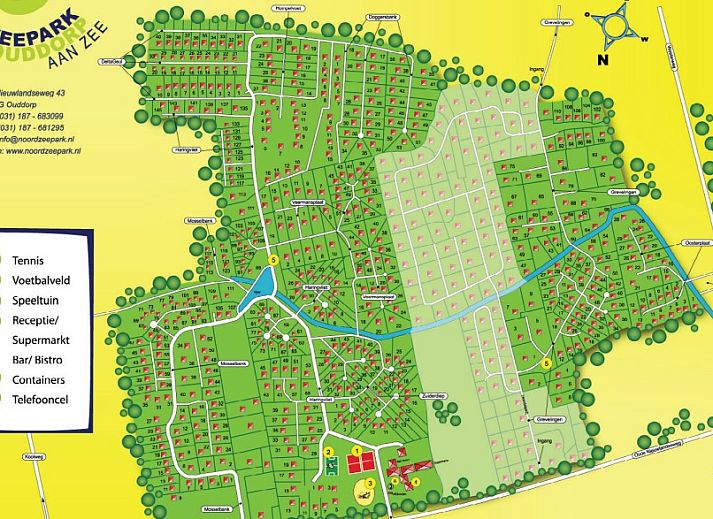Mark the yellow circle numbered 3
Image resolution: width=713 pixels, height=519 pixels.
point(369,484)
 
